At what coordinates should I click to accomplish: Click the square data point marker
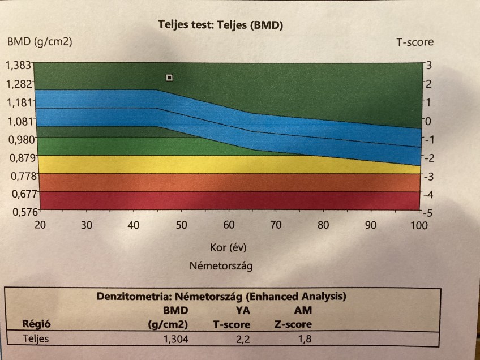(x=169, y=77)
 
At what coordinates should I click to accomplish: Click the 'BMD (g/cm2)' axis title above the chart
(x=40, y=41)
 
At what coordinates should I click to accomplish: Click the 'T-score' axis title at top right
(x=415, y=42)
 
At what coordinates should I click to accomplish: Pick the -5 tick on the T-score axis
(x=428, y=213)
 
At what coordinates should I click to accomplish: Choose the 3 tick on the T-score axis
(x=428, y=65)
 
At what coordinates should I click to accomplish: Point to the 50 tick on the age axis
(x=181, y=225)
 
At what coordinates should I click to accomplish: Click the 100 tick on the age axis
(x=419, y=225)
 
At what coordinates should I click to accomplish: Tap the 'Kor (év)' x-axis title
(x=224, y=247)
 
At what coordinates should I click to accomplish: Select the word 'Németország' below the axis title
(x=221, y=265)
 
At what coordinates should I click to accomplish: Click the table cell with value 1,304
(x=175, y=339)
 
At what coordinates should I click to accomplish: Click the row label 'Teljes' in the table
(x=36, y=339)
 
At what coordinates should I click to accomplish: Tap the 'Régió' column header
(x=36, y=324)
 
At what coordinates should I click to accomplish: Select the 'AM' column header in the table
(x=303, y=310)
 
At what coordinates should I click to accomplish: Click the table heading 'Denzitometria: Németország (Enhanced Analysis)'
(x=221, y=296)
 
